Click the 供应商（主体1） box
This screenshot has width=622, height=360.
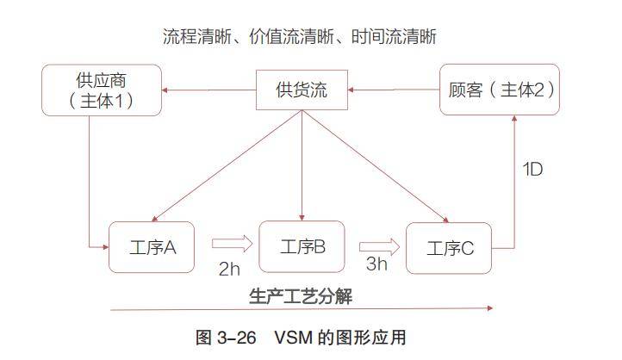coord(101,90)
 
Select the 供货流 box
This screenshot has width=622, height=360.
coord(302,90)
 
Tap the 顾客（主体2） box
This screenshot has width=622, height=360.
coord(500,89)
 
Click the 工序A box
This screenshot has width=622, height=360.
coord(151,247)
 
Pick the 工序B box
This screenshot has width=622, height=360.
coord(302,246)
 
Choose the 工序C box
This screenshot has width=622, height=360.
coord(450,248)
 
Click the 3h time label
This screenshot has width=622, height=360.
coord(376,264)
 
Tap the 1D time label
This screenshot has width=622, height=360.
coord(532,169)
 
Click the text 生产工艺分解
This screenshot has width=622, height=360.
coord(301,295)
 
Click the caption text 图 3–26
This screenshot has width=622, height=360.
coord(227,337)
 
